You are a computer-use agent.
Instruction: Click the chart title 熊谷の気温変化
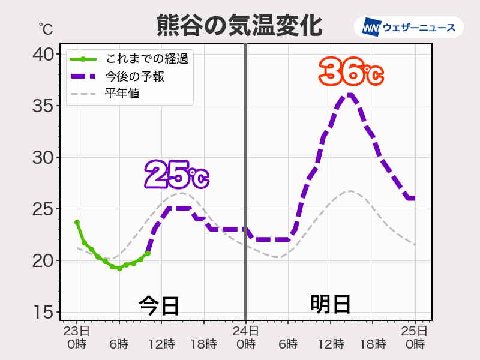pyautogui.click(x=239, y=25)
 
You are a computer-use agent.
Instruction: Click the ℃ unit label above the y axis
pyautogui.click(x=46, y=29)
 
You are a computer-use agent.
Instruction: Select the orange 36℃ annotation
pyautogui.click(x=351, y=73)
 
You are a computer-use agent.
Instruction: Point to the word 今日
pyautogui.click(x=159, y=305)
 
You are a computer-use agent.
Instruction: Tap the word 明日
pyautogui.click(x=331, y=304)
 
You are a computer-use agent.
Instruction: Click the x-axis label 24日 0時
pyautogui.click(x=245, y=337)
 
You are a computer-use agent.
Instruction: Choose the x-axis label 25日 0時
pyautogui.click(x=415, y=337)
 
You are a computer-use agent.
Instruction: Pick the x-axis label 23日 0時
pyautogui.click(x=77, y=337)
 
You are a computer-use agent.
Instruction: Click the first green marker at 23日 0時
pyautogui.click(x=77, y=222)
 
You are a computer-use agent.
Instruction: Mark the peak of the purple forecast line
pyautogui.click(x=351, y=95)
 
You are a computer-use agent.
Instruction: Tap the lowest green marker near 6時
pyautogui.click(x=119, y=268)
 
